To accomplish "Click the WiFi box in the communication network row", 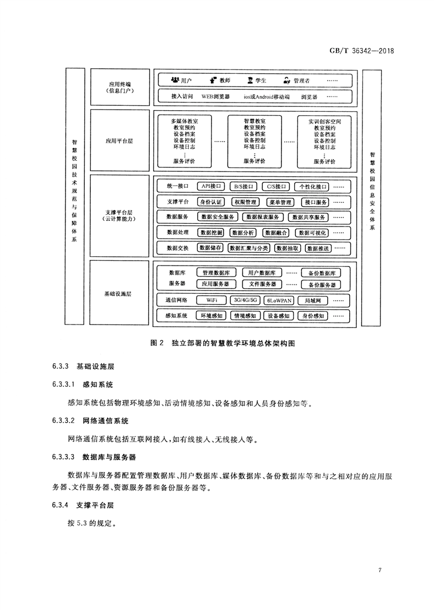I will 213,300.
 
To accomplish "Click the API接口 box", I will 211,186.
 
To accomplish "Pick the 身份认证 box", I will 211,202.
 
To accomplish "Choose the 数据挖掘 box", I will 213,233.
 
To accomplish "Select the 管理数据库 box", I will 219,273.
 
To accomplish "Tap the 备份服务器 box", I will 321,285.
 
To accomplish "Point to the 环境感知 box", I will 211,316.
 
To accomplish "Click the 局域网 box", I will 312,300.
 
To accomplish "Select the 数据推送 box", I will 316,249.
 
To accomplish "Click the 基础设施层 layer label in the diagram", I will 117,294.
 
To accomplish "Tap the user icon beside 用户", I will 175,80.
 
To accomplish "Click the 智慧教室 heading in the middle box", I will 254,120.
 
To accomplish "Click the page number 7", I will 379,569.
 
